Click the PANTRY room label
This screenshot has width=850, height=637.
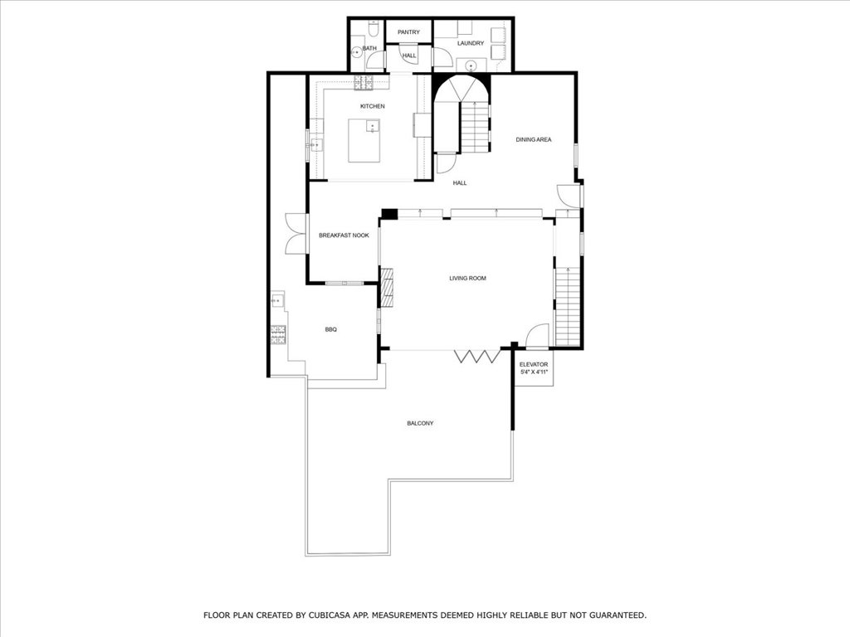click(408, 32)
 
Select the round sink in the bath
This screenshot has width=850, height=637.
click(356, 52)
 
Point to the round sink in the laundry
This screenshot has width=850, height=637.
click(471, 66)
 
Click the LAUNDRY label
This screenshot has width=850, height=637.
click(470, 43)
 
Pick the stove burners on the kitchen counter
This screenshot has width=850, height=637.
click(364, 82)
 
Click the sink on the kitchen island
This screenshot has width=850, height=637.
click(373, 127)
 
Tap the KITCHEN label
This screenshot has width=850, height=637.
click(373, 106)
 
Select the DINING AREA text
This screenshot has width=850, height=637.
click(534, 139)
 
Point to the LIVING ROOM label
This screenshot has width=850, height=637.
click(468, 279)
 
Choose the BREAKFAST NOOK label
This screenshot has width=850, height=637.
click(344, 236)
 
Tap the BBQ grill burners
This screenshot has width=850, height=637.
click(278, 335)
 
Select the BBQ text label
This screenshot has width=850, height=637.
click(330, 329)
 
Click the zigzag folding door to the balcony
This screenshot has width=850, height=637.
click(477, 356)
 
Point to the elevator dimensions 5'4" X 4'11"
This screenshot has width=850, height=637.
click(534, 372)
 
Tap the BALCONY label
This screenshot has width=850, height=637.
click(420, 424)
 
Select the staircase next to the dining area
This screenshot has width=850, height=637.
click(476, 128)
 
